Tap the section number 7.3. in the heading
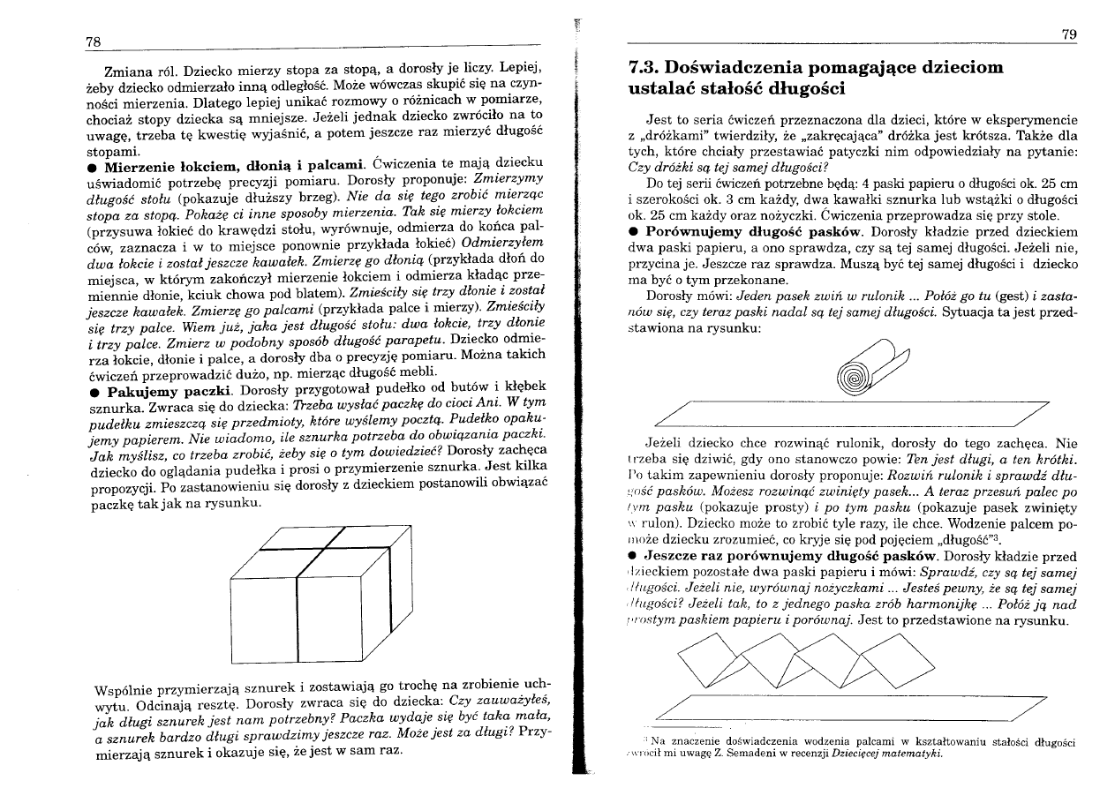643,67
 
